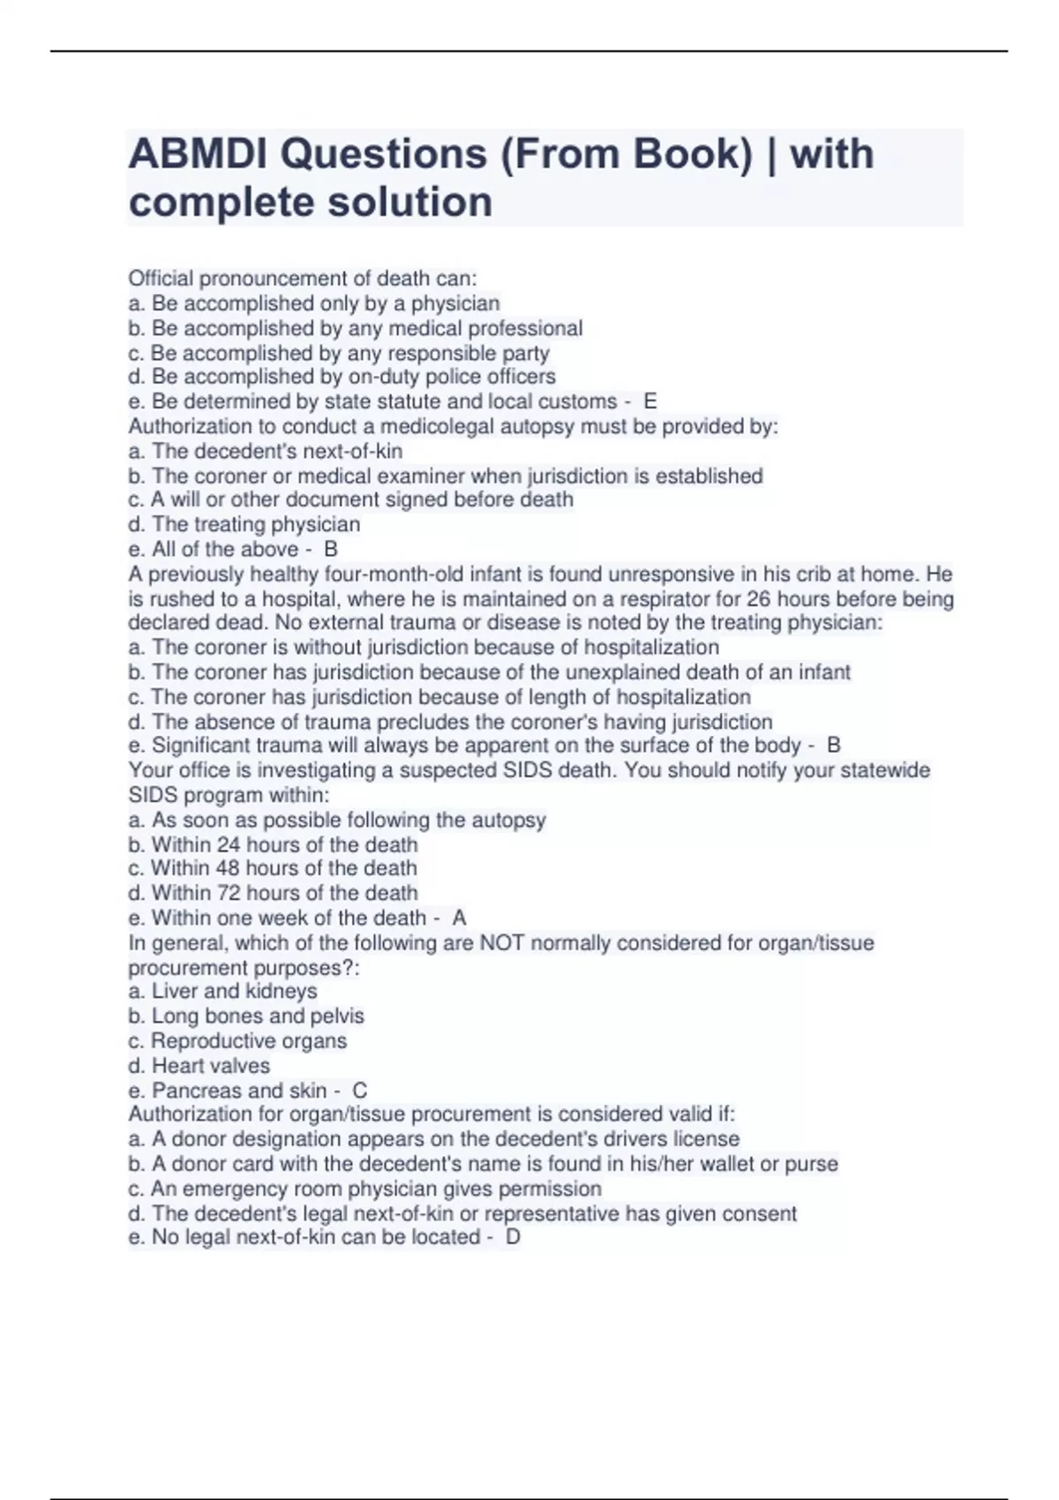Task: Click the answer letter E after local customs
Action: click(x=650, y=401)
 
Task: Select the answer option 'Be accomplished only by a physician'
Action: click(x=314, y=304)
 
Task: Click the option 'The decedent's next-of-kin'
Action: click(x=266, y=451)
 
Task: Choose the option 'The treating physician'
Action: click(x=244, y=524)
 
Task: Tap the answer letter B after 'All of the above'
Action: click(x=331, y=549)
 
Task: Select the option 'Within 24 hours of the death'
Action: click(x=274, y=844)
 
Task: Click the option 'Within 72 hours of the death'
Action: click(x=274, y=893)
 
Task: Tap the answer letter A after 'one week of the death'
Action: click(x=459, y=918)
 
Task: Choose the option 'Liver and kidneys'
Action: click(x=223, y=991)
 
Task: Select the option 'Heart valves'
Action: click(x=199, y=1066)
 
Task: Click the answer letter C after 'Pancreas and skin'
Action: click(x=359, y=1091)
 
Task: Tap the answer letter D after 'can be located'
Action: click(x=513, y=1237)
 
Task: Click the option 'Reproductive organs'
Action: click(x=238, y=1041)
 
